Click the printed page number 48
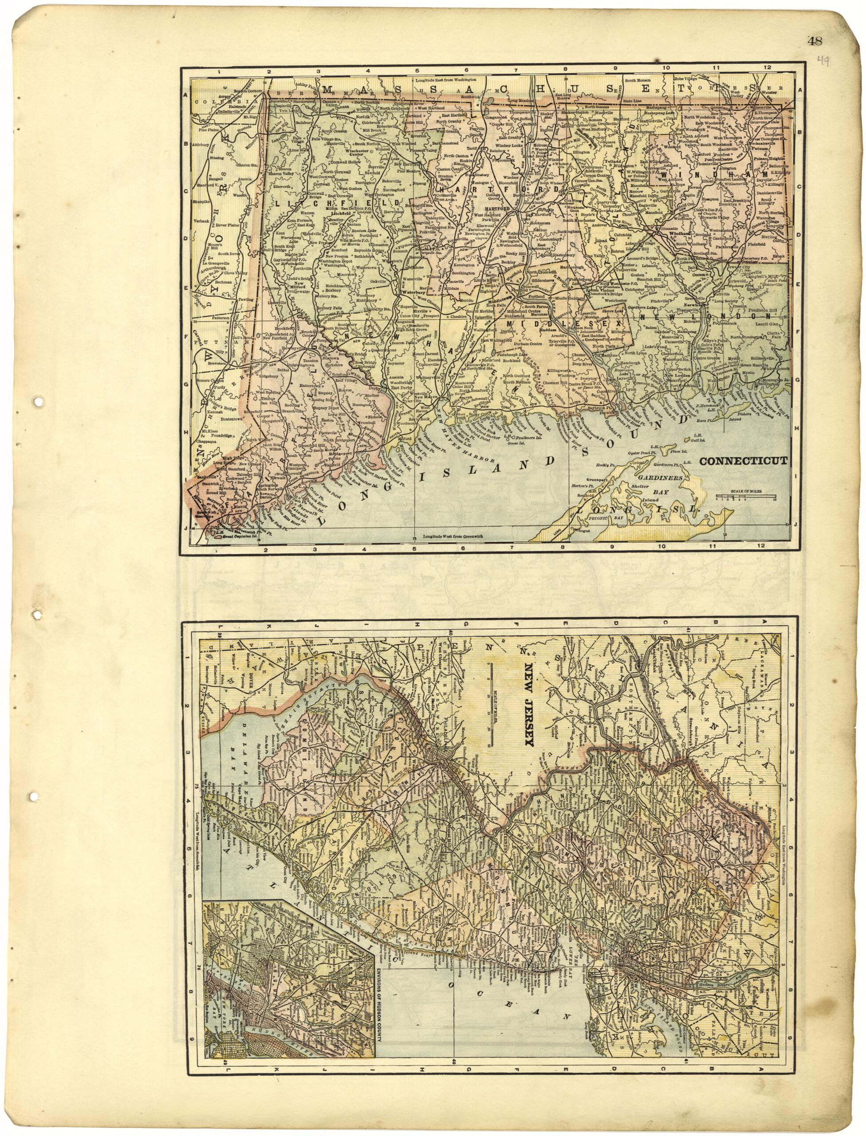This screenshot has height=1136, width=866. (815, 41)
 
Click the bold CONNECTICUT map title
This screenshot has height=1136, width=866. (743, 461)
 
